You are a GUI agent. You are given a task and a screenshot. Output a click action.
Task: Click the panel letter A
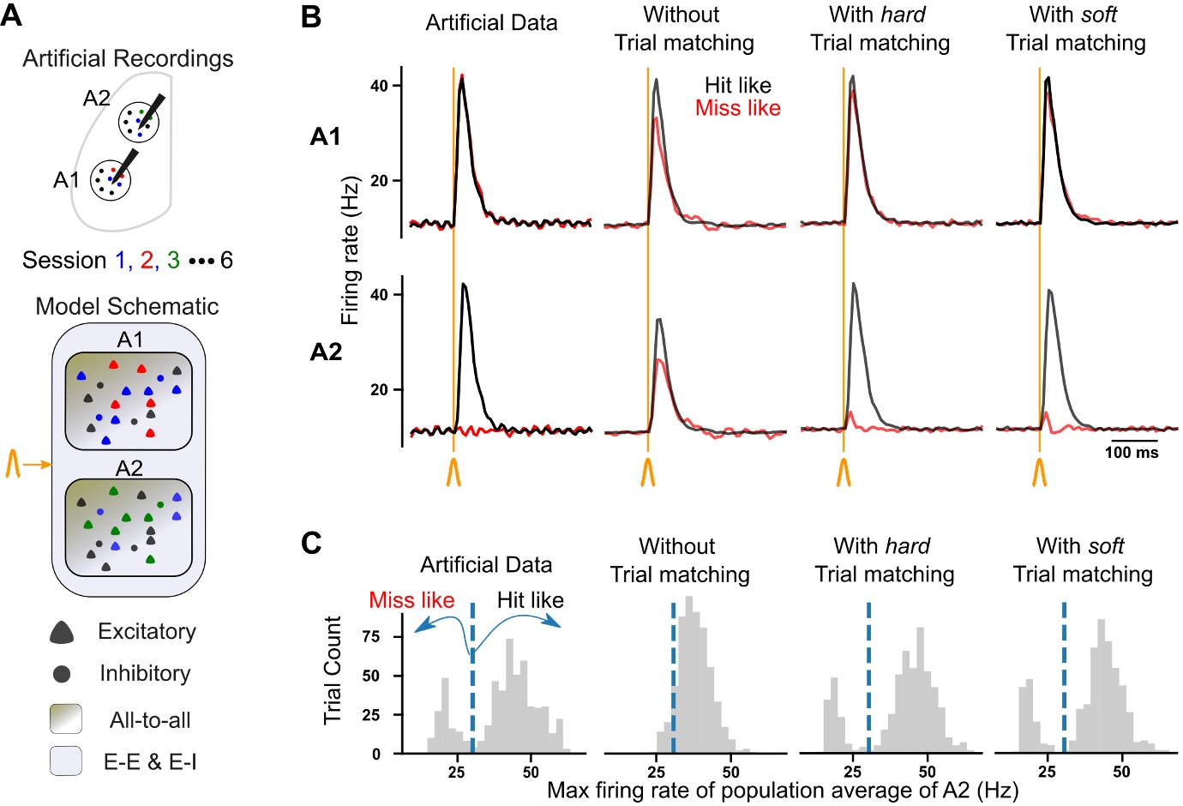tap(12, 15)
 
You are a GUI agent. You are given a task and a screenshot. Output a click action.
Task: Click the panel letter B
tap(311, 16)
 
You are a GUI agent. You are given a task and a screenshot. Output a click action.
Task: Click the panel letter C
tap(311, 543)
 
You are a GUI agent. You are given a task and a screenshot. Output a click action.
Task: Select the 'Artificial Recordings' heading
tap(128, 58)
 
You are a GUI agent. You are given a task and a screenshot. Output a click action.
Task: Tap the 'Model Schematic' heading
tap(127, 306)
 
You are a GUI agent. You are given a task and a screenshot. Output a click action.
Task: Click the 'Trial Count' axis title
tap(333, 671)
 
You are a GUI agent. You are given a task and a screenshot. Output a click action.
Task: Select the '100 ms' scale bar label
tap(1131, 453)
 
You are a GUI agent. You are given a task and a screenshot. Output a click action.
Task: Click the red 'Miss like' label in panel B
tap(737, 108)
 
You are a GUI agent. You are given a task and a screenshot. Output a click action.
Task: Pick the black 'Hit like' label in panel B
tap(737, 85)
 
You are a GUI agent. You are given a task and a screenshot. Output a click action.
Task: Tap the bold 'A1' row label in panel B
tap(326, 136)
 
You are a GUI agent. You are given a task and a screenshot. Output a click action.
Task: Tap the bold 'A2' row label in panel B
tap(326, 352)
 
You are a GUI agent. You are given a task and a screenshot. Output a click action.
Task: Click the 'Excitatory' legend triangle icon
tap(62, 633)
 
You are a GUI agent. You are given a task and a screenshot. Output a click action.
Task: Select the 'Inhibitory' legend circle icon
tap(62, 674)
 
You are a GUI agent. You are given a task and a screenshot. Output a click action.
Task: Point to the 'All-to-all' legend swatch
tap(66, 719)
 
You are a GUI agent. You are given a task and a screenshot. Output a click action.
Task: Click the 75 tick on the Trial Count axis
tap(371, 636)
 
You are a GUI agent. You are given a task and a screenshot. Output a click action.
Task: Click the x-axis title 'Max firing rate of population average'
tap(782, 790)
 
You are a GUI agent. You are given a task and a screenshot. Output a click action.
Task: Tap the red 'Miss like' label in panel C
tap(411, 600)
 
